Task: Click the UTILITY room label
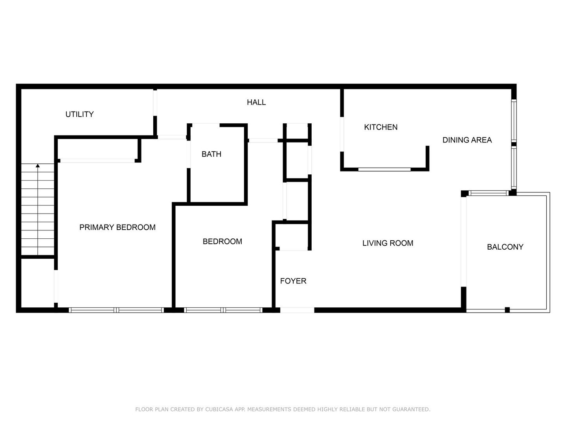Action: coord(79,114)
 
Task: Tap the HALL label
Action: coord(256,102)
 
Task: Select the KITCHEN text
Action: coord(380,127)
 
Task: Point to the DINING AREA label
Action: coord(467,140)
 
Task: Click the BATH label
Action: coord(211,154)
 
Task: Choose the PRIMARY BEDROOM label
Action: coord(117,227)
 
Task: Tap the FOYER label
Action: coord(293,281)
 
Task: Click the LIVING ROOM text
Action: coord(388,243)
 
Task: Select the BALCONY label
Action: coord(505,247)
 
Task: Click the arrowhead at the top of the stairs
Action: coord(38,166)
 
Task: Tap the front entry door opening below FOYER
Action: coord(297,310)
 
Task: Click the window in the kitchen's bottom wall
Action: coord(384,169)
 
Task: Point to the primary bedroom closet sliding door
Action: coord(97,160)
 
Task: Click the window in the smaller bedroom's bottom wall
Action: coord(223,310)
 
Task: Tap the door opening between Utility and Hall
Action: coord(155,103)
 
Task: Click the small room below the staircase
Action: coord(37,283)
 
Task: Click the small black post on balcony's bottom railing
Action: coord(507,310)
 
